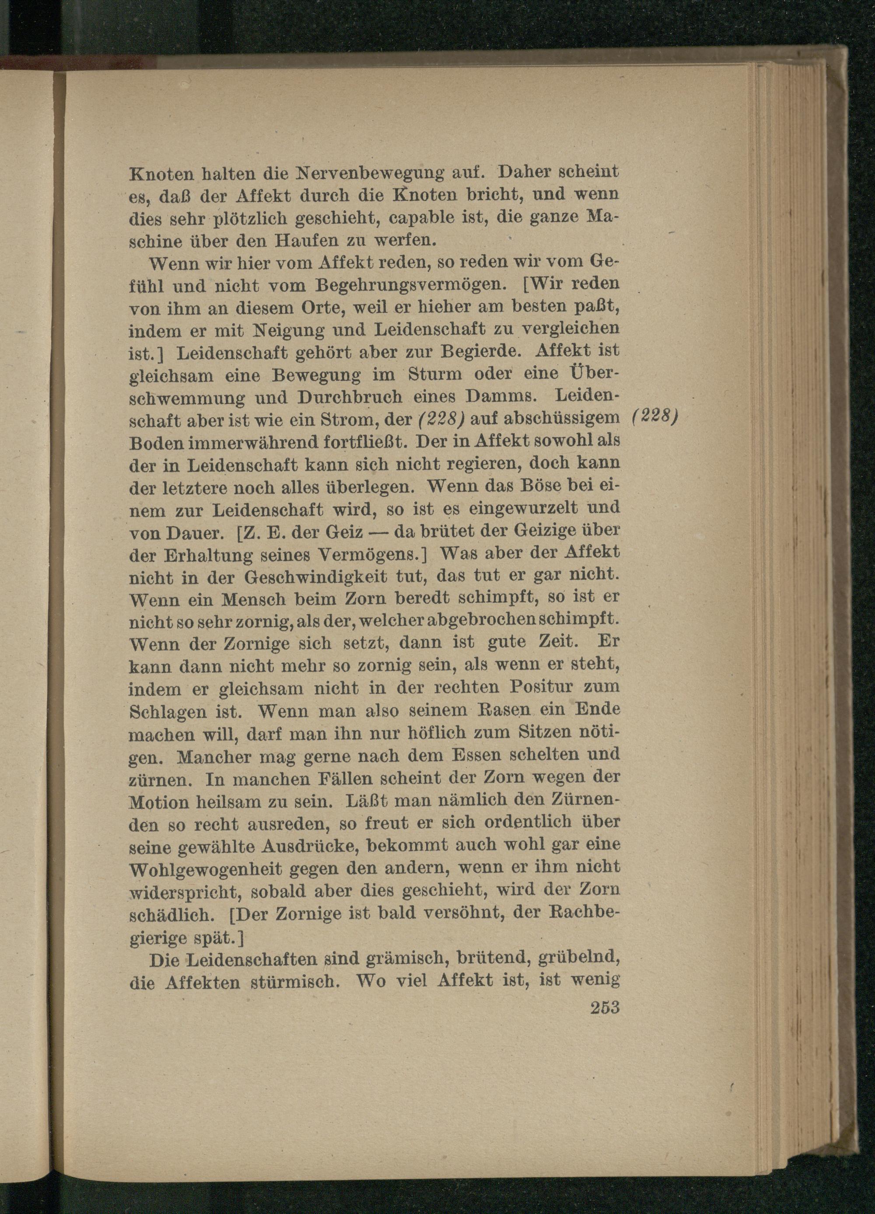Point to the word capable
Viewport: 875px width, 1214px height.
click(x=421, y=219)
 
